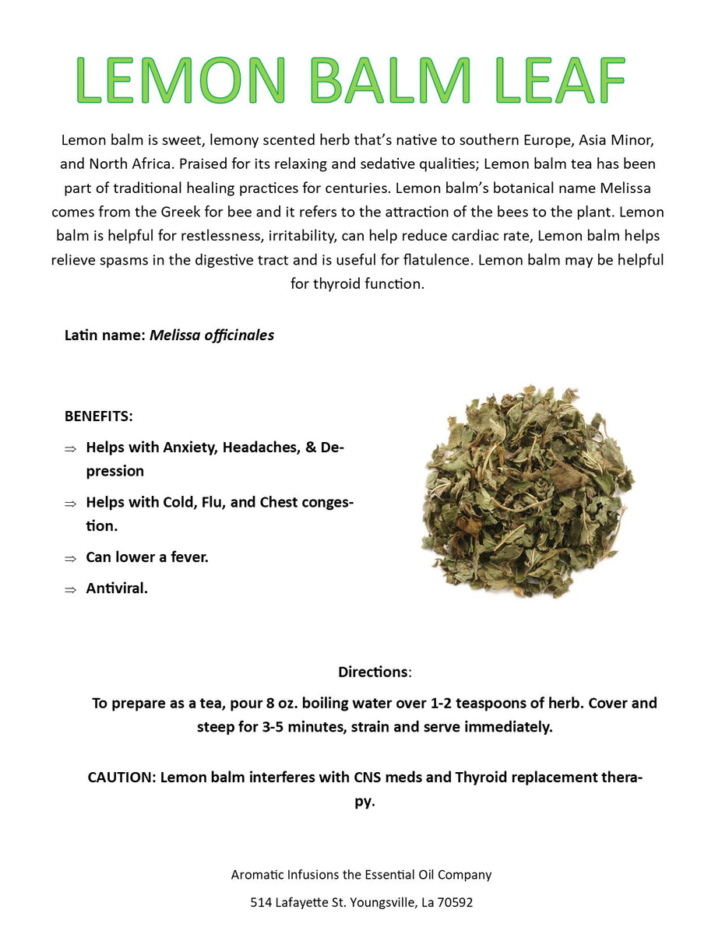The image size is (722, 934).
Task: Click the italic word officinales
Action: pyautogui.click(x=235, y=335)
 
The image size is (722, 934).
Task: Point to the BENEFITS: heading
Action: pyautogui.click(x=99, y=416)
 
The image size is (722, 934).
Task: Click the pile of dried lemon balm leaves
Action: pyautogui.click(x=528, y=492)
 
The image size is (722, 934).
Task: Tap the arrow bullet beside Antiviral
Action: pyautogui.click(x=70, y=589)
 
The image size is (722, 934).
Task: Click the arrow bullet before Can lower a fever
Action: pyautogui.click(x=70, y=558)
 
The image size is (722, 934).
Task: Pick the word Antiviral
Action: pyautogui.click(x=117, y=588)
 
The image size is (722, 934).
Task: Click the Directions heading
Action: pyautogui.click(x=372, y=672)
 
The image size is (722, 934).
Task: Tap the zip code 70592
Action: pyautogui.click(x=454, y=903)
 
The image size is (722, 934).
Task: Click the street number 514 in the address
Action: pyautogui.click(x=261, y=903)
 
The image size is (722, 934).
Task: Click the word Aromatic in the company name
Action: pyautogui.click(x=257, y=875)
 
